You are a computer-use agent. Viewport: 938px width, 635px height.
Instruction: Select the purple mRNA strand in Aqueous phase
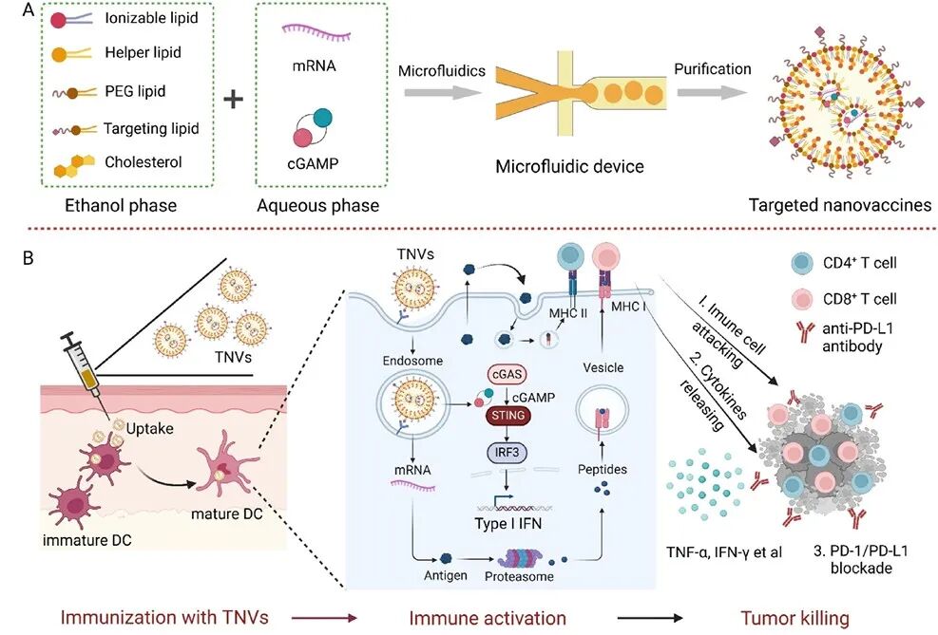[316, 33]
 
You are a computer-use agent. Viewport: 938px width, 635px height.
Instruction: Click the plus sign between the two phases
[233, 99]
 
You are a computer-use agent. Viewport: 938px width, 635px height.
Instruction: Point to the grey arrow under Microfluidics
[443, 93]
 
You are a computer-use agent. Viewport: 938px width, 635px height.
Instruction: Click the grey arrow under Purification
[713, 93]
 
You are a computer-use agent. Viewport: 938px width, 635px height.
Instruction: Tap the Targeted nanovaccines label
[840, 205]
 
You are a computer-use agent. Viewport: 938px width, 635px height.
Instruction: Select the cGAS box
[507, 375]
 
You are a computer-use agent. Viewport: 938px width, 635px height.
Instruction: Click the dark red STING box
[507, 415]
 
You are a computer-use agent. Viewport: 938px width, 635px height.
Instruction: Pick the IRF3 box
[507, 452]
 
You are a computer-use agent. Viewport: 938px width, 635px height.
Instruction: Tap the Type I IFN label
[507, 524]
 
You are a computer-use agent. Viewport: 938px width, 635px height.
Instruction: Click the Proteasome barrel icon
[521, 559]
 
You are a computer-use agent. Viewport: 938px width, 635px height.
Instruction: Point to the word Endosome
[412, 361]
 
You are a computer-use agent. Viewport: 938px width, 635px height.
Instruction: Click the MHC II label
[567, 313]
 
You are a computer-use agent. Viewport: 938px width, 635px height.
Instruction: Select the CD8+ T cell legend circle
[801, 299]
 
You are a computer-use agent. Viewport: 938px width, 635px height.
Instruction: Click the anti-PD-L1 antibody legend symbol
[804, 333]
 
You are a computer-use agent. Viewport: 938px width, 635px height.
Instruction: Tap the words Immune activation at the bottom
[488, 618]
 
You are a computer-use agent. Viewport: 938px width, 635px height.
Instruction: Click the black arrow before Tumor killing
[650, 618]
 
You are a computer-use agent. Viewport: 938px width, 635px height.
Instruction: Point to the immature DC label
[87, 540]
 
